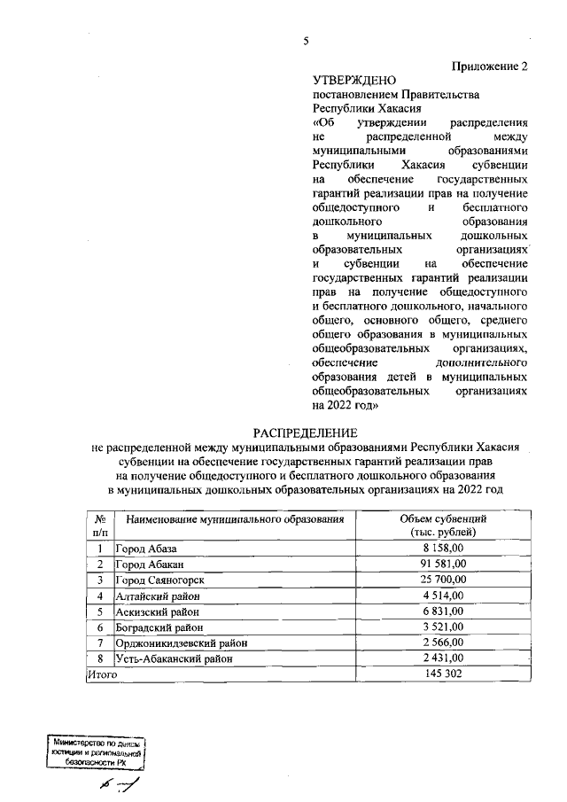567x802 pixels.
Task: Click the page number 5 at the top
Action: (306, 41)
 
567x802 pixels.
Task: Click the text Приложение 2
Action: (489, 66)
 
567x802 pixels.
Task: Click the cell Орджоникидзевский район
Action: (182, 642)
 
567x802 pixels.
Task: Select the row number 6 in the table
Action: (100, 627)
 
